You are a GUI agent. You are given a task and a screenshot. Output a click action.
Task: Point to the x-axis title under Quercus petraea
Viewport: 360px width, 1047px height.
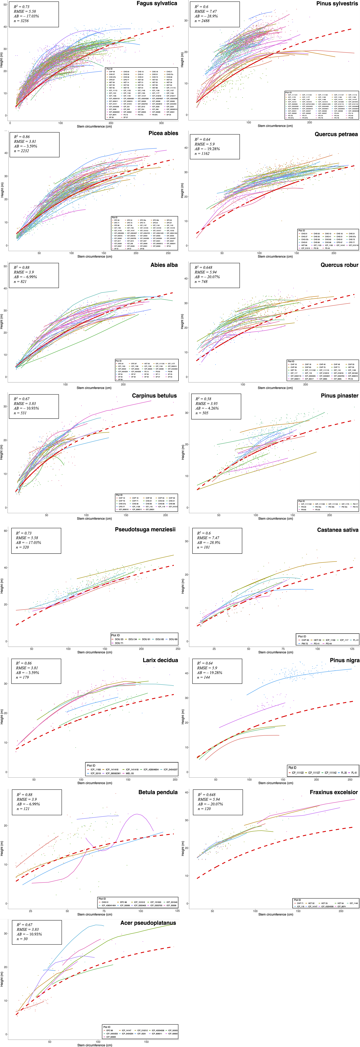(x=275, y=256)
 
